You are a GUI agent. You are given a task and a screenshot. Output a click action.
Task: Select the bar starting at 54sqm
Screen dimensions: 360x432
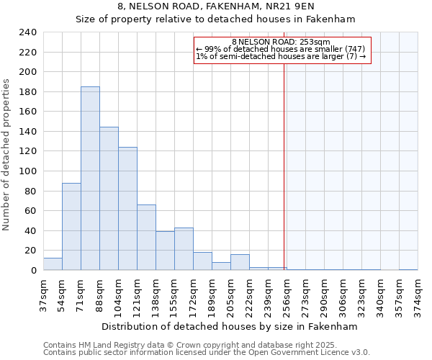coord(71,226)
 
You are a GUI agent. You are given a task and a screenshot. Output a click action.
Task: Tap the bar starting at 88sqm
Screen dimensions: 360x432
coord(109,199)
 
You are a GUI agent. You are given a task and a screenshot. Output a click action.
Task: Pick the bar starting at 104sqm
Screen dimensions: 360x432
coord(127,209)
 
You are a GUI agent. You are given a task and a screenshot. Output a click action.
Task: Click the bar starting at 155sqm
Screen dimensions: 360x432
coord(184,249)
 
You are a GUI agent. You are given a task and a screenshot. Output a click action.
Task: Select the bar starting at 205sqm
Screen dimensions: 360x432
coord(240,262)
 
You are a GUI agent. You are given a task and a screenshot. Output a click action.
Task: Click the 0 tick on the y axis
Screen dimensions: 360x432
coord(33,271)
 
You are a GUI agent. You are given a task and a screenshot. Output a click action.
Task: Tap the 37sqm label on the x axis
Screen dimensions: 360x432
coord(43,292)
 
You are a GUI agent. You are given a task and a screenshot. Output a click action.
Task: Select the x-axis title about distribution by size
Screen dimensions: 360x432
coord(229,326)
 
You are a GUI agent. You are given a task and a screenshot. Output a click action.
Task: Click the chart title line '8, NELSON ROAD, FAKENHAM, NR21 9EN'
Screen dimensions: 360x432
coord(216,6)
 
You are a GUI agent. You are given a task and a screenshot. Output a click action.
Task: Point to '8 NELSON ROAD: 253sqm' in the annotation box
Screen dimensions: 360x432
coord(281,42)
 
